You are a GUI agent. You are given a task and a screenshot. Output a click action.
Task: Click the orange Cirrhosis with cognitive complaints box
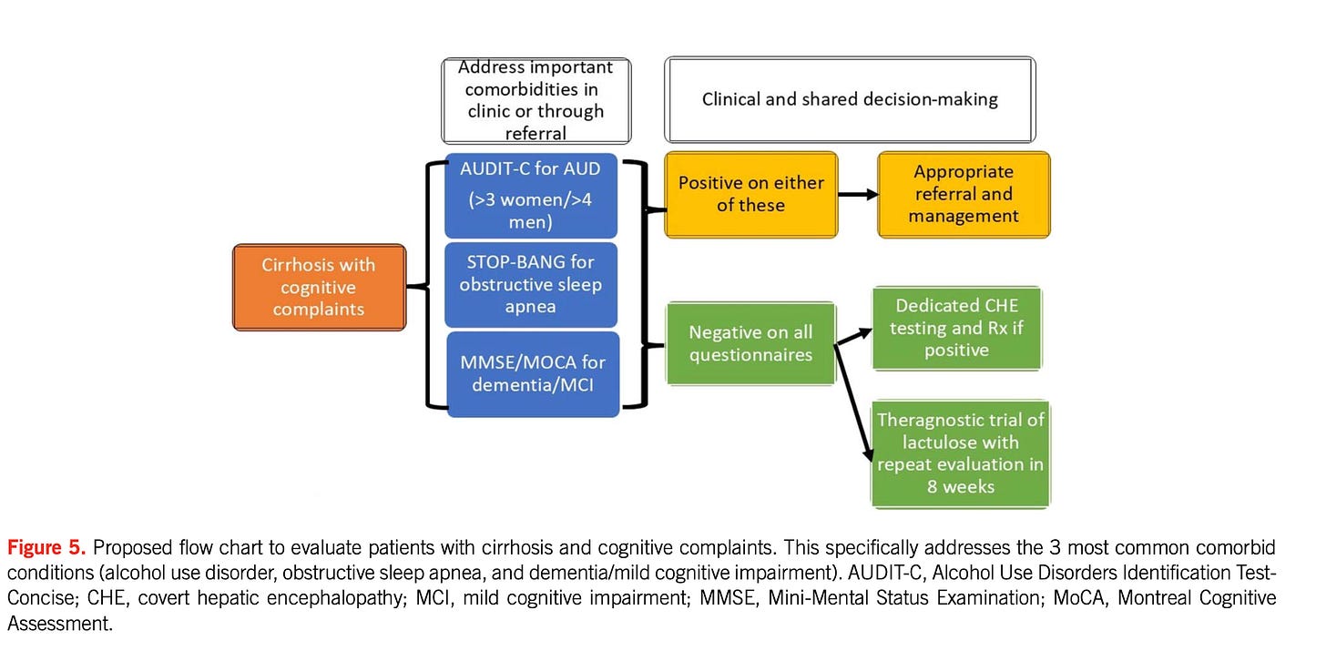point(319,287)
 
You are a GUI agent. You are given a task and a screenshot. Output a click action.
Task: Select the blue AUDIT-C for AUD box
point(531,196)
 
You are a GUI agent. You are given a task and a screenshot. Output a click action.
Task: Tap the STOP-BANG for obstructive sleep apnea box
point(531,284)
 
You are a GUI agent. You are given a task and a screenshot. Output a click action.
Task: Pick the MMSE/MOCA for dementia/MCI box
point(533,373)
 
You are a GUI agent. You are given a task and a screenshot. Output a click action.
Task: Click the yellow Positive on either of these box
point(750,194)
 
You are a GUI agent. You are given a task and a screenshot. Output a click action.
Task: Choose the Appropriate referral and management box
point(964,194)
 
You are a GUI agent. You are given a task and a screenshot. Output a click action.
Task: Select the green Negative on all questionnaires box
point(750,343)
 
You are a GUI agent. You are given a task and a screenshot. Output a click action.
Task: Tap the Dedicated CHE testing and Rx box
point(956,328)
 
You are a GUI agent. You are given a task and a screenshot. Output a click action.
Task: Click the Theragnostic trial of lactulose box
point(960,453)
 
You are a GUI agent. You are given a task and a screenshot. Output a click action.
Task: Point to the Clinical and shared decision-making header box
point(849,99)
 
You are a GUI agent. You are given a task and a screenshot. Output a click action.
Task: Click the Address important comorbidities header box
point(535,100)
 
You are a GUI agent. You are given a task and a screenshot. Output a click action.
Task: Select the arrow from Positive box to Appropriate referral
point(857,195)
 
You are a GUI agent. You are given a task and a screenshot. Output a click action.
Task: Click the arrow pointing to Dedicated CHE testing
point(852,335)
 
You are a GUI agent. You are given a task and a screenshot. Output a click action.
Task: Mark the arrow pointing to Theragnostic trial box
point(857,410)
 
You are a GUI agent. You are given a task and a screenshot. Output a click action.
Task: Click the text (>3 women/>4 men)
point(531,210)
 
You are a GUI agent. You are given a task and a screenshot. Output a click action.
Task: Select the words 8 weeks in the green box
point(960,486)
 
